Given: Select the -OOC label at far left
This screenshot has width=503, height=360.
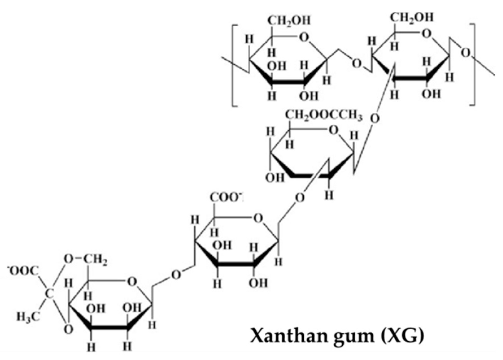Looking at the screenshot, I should [x=23, y=272].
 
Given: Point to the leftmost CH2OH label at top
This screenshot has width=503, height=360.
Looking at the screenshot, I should [x=289, y=21].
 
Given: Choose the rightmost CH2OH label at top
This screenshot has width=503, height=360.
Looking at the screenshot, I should [x=411, y=18].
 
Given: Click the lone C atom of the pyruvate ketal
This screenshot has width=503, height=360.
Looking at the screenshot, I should [x=49, y=294].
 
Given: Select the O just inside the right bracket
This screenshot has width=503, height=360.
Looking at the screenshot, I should [x=465, y=53].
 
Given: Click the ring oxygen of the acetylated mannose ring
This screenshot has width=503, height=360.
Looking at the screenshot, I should [x=334, y=130].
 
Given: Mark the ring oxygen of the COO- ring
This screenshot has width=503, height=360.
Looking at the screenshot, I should [x=258, y=218].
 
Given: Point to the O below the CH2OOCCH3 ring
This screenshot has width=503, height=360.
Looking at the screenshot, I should [x=300, y=198].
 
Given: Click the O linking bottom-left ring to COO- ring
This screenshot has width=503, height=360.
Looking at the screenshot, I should [x=176, y=274].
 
